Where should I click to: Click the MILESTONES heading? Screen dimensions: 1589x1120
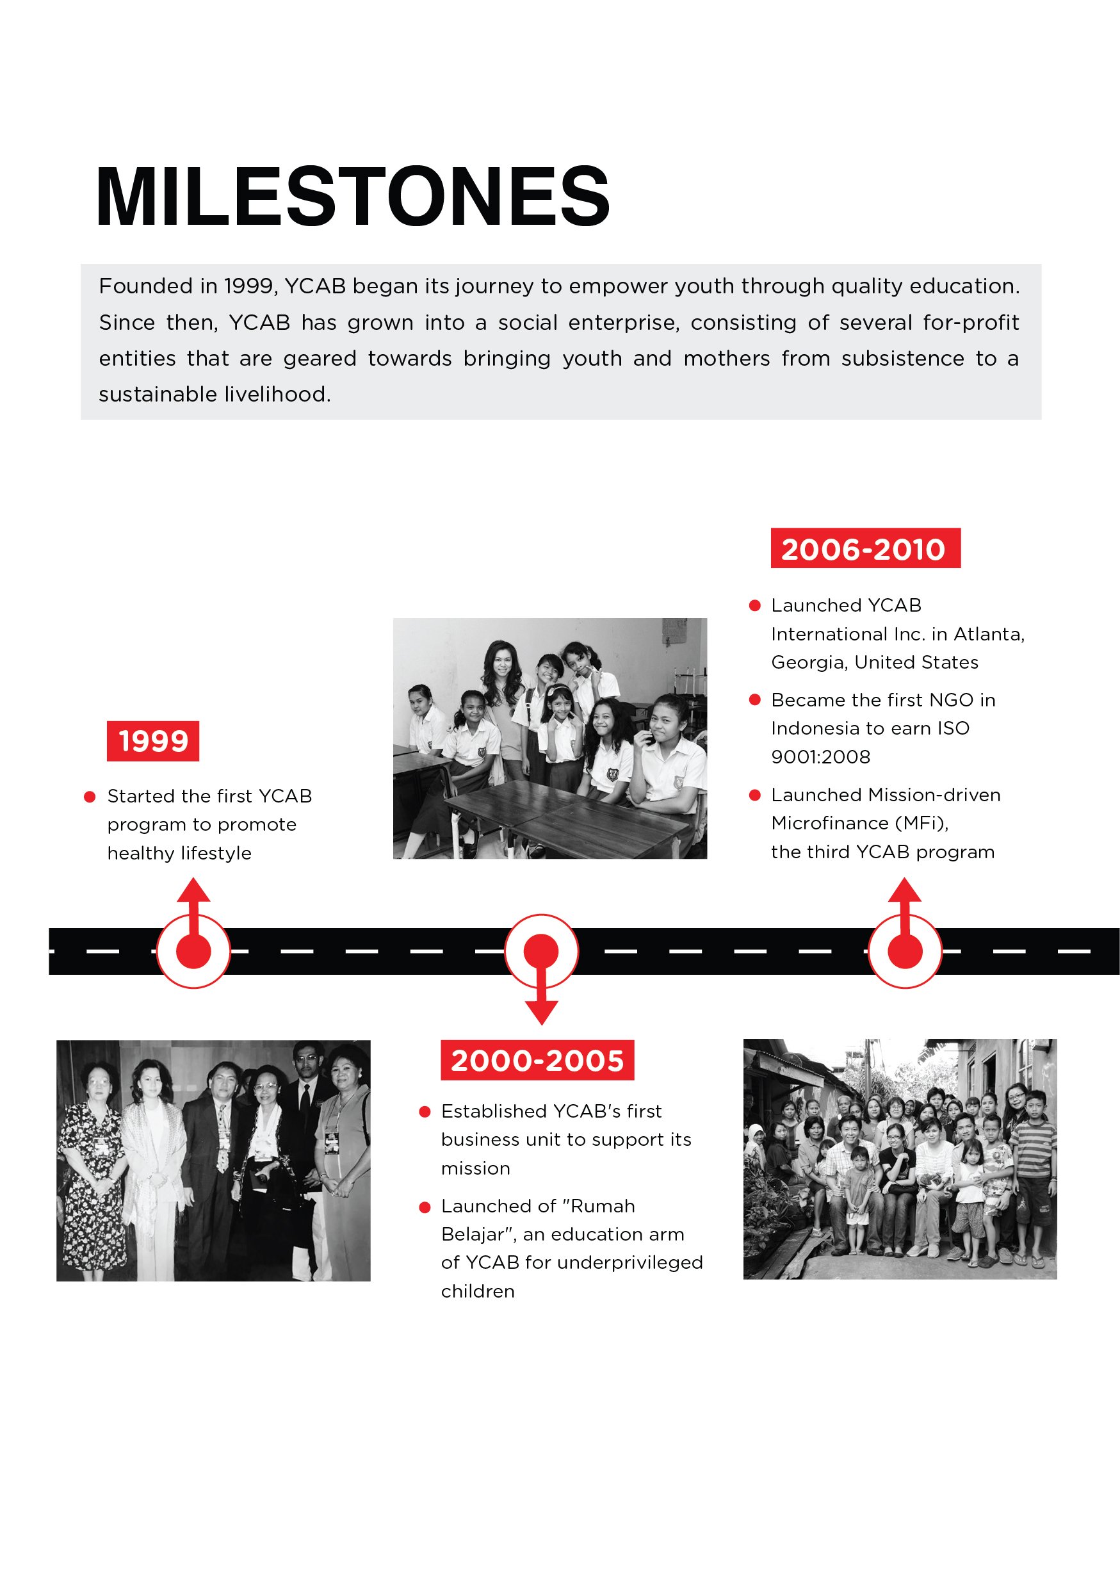[x=353, y=197]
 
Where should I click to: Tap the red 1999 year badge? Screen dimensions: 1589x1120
[x=153, y=740]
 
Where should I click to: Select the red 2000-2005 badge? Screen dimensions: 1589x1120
[x=537, y=1059]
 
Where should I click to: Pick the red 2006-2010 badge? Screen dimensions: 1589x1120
[x=864, y=549]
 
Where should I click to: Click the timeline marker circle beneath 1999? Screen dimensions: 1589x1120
[x=193, y=951]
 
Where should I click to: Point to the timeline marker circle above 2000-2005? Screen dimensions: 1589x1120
[x=541, y=950]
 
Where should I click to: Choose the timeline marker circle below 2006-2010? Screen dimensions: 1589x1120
[x=904, y=951]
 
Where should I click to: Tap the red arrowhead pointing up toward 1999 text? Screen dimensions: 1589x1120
[x=193, y=890]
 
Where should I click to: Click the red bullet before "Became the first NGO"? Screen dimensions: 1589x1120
[x=755, y=699]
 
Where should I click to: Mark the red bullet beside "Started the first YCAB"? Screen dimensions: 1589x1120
[x=89, y=797]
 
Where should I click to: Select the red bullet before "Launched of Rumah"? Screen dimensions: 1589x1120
[x=425, y=1208]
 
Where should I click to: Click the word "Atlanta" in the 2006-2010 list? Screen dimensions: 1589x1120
[x=988, y=634]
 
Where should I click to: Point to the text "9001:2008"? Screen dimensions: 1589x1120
[x=820, y=756]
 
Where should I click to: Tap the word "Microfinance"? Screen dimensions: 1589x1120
[x=829, y=823]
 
